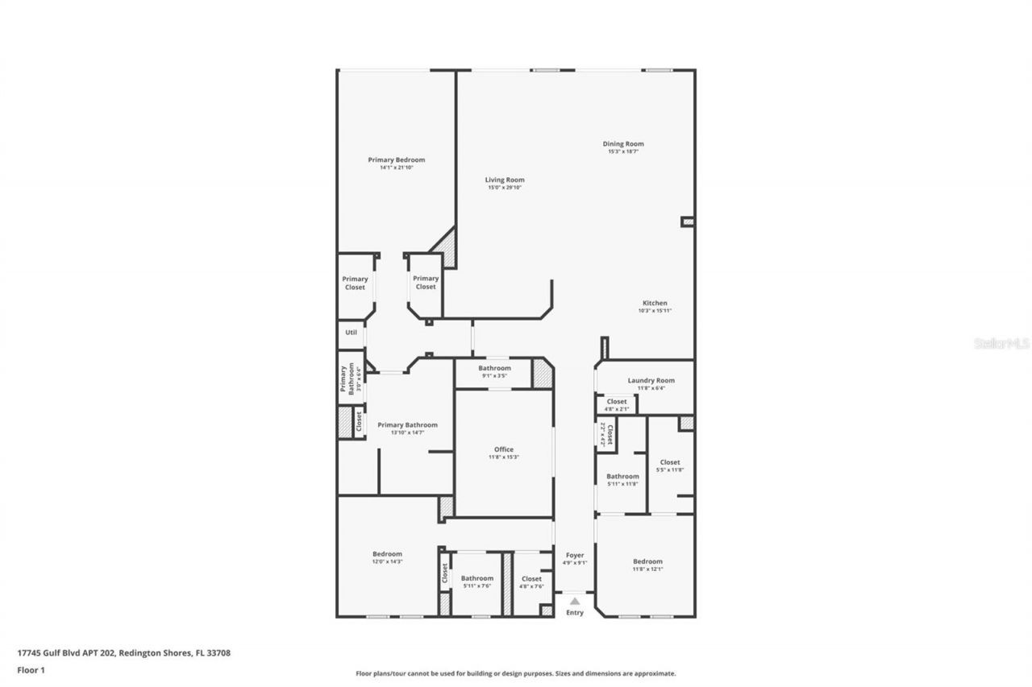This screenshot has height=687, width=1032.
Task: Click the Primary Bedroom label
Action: pos(396,160)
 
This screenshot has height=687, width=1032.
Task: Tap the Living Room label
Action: pos(505,180)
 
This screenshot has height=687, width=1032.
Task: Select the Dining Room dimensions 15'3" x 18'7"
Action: pos(623,151)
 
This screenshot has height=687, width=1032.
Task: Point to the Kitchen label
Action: pos(655,304)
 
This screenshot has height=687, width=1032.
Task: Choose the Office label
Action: pos(503,450)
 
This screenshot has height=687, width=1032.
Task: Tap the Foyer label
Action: pos(574,556)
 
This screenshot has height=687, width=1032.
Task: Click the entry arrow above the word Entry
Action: pos(574,601)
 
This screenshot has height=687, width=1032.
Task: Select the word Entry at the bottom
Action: pos(574,613)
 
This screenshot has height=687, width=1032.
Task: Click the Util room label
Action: pos(351,332)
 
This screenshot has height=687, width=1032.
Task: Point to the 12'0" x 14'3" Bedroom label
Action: pos(387,554)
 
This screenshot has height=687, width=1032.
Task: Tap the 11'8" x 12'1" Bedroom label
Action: pos(647,562)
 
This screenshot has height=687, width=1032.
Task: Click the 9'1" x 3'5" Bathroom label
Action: pos(494,369)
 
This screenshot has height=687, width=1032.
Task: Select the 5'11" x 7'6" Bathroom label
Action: pos(476,578)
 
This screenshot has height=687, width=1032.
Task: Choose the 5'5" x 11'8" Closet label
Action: pos(670,463)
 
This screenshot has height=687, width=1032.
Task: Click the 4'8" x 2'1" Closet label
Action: pos(617,402)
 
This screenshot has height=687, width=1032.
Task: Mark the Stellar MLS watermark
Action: pos(1001,343)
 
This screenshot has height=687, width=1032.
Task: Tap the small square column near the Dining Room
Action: pos(687,221)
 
